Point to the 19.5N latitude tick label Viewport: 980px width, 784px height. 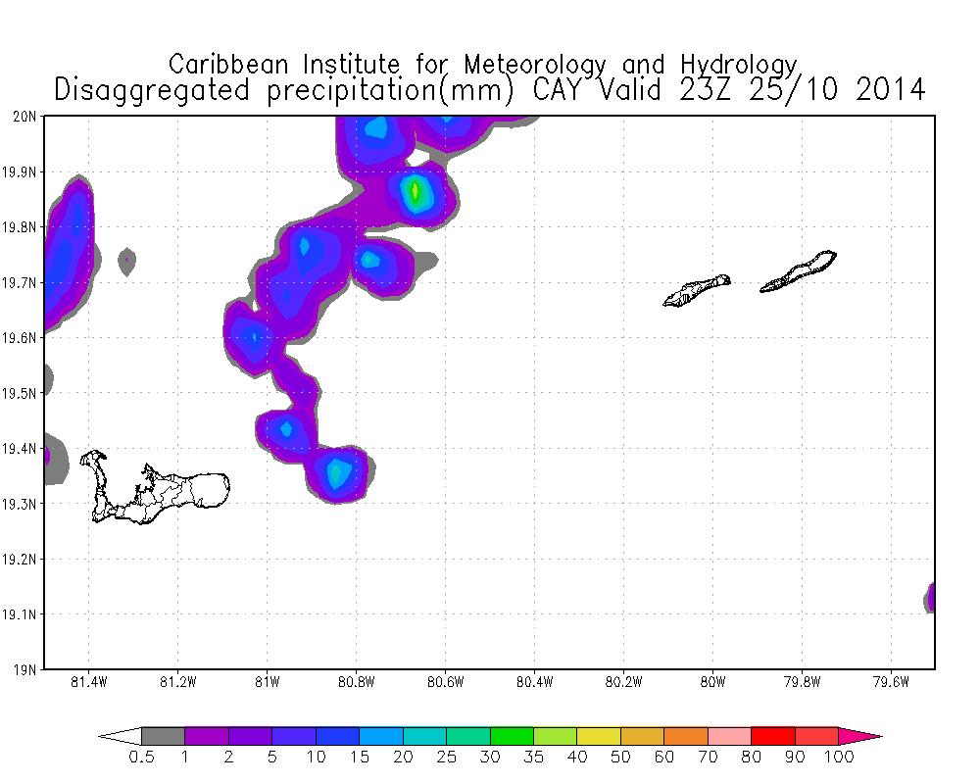click(x=22, y=393)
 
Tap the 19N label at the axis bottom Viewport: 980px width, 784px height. click(x=25, y=670)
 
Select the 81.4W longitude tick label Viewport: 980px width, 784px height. click(x=89, y=682)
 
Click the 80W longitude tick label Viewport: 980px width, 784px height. click(x=712, y=682)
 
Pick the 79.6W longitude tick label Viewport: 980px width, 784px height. click(x=891, y=682)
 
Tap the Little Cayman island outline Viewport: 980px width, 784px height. click(x=697, y=291)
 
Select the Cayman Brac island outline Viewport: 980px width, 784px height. click(x=799, y=271)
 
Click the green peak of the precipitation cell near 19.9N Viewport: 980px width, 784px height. click(x=416, y=190)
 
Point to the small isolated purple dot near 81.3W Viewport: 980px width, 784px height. click(x=126, y=260)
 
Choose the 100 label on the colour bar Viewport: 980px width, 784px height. click(x=839, y=757)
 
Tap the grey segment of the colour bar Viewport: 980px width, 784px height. click(x=164, y=736)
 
